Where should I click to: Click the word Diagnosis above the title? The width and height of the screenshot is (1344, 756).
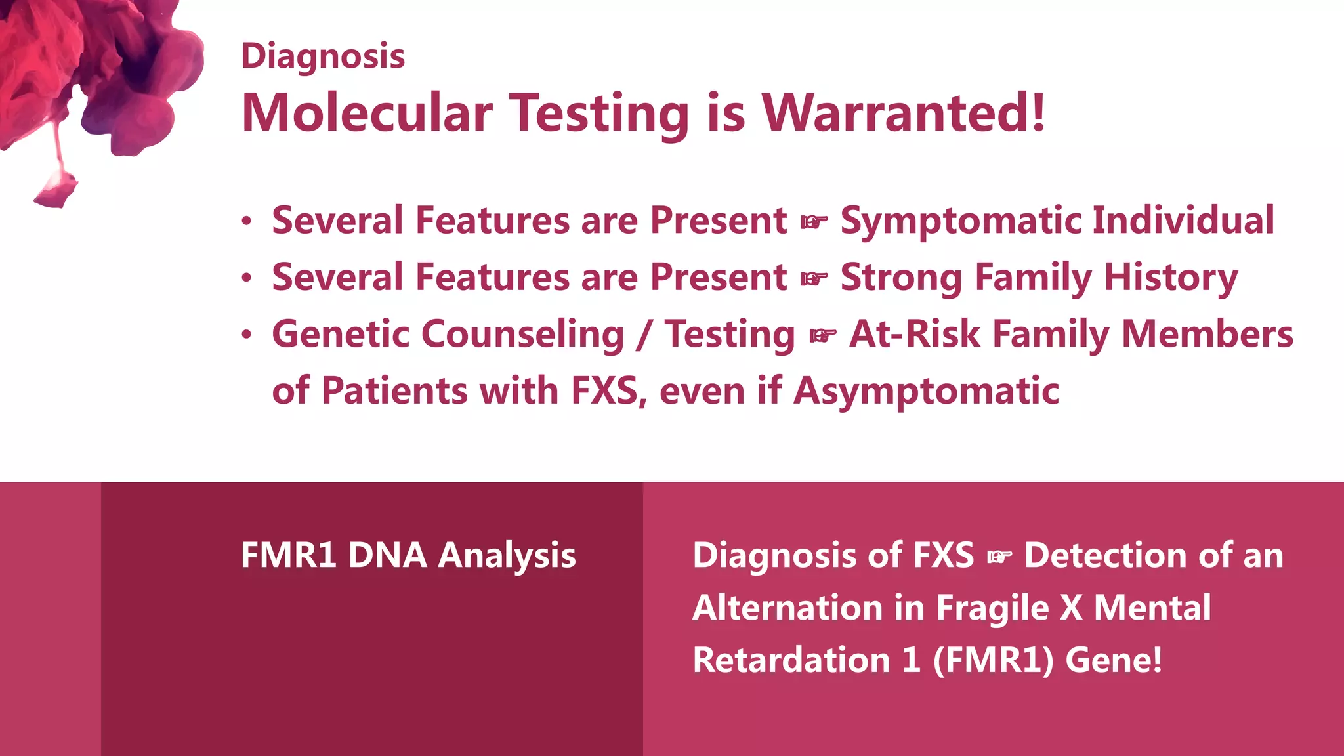click(323, 57)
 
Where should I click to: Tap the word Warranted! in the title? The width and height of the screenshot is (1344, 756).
click(903, 113)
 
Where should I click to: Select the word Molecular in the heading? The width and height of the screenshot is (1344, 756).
click(367, 113)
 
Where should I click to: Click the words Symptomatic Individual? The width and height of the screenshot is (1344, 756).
click(1057, 220)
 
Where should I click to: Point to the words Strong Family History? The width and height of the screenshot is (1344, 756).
click(1039, 278)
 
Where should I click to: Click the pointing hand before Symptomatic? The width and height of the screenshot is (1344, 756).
click(814, 222)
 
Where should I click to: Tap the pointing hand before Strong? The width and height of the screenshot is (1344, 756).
click(814, 280)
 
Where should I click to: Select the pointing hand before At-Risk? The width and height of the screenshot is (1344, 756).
click(822, 336)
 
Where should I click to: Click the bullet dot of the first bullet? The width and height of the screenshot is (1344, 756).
click(246, 221)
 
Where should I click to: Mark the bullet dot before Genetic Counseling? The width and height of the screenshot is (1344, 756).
click(246, 335)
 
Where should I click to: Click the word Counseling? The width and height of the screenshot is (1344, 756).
click(522, 335)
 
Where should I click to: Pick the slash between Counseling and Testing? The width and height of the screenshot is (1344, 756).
click(644, 335)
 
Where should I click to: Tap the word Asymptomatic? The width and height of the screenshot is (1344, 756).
click(926, 392)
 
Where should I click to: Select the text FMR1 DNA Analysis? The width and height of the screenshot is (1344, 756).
click(408, 556)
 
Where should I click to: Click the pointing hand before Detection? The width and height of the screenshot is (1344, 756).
click(999, 557)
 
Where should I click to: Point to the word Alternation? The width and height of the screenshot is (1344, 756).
click(787, 608)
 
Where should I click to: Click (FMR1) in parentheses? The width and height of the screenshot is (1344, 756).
click(993, 660)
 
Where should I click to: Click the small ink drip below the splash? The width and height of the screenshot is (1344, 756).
click(56, 190)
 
